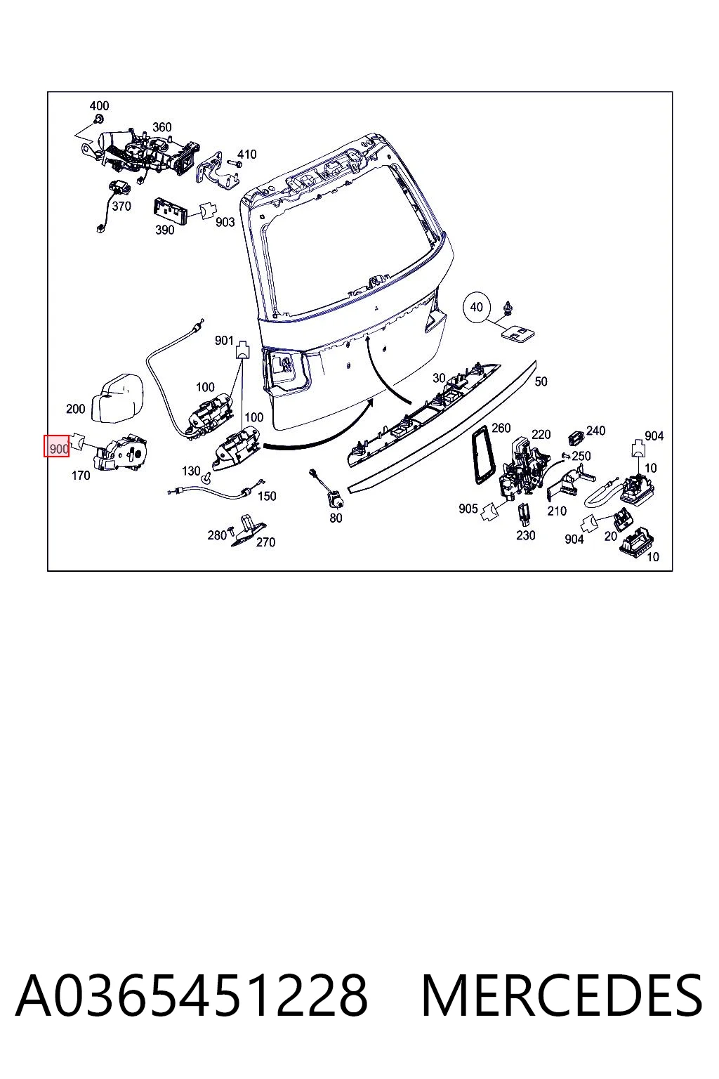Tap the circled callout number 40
(476, 307)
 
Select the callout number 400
(99, 105)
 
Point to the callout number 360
(161, 126)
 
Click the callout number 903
(225, 222)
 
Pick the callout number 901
(224, 341)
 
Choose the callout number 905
(468, 509)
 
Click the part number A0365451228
(192, 996)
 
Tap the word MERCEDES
(562, 996)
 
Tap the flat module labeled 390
(169, 211)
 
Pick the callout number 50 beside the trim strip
(541, 381)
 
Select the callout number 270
(265, 542)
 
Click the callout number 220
(541, 435)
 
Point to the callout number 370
(121, 206)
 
